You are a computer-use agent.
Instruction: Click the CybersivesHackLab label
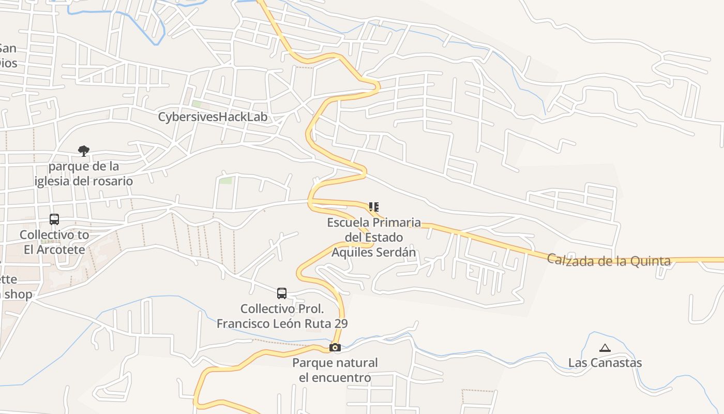coord(213,117)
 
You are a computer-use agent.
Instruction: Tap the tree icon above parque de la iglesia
coord(83,151)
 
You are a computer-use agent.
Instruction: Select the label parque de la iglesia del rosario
coord(84,174)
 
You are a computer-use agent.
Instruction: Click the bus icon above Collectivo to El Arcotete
coord(54,219)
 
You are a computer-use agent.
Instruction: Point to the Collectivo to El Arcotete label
coord(54,242)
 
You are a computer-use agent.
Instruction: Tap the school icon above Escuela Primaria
coord(373,207)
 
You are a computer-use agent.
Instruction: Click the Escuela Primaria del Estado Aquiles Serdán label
coord(374,238)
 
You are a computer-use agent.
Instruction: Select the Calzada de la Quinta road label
coord(609,260)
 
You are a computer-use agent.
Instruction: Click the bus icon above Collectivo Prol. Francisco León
coord(282,293)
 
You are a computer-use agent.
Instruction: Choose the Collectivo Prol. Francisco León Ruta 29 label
coord(282,316)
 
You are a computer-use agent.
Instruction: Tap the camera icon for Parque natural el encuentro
coord(335,347)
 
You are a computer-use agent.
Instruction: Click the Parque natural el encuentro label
coord(335,370)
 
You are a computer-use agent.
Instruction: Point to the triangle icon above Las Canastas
coord(605,348)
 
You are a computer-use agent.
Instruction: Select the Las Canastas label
coord(605,363)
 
